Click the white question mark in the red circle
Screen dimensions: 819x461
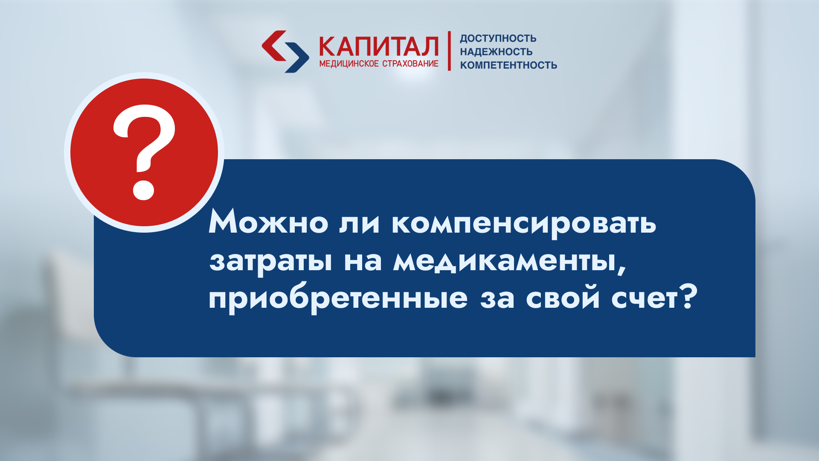click(x=144, y=152)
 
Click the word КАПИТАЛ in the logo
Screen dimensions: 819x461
click(x=379, y=47)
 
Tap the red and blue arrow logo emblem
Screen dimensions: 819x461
click(x=285, y=51)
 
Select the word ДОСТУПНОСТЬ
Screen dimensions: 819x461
click(x=498, y=38)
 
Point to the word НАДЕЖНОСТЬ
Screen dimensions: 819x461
click(x=496, y=52)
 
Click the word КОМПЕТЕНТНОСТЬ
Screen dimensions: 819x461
click(x=508, y=65)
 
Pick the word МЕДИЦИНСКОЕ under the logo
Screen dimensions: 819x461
click(x=349, y=64)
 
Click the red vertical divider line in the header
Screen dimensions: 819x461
click(x=449, y=51)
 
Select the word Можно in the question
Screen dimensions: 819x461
click(x=268, y=222)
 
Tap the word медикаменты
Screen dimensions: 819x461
click(x=505, y=260)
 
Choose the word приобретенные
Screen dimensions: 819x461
click(x=338, y=298)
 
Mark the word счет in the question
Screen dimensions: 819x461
click(x=645, y=298)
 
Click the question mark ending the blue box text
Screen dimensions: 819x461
click(x=688, y=296)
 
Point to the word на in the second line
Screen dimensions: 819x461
click(x=363, y=261)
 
